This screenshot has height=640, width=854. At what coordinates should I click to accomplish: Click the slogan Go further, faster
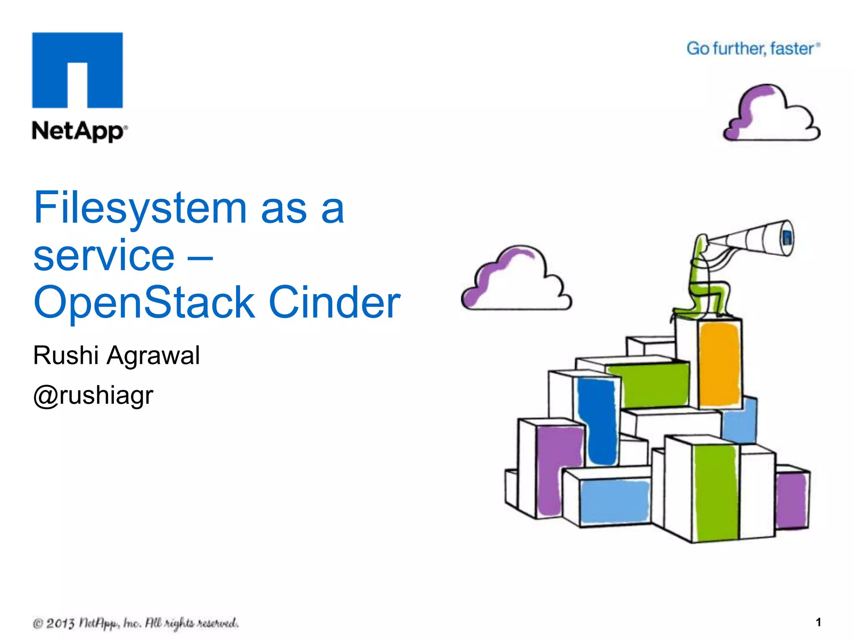pyautogui.click(x=753, y=49)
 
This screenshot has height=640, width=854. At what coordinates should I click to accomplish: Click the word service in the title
pyautogui.click(x=104, y=255)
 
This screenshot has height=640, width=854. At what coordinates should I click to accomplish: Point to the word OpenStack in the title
pyautogui.click(x=144, y=302)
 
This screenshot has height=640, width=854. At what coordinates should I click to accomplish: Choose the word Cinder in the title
pyautogui.click(x=334, y=302)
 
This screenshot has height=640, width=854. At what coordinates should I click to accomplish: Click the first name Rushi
pyautogui.click(x=66, y=355)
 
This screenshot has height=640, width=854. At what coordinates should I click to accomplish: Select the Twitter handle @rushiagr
pyautogui.click(x=93, y=395)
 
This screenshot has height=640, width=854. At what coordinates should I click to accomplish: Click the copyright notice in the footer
pyautogui.click(x=136, y=623)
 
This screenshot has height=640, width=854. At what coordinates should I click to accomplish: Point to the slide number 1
pyautogui.click(x=819, y=622)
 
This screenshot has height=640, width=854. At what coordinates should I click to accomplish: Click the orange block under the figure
pyautogui.click(x=719, y=365)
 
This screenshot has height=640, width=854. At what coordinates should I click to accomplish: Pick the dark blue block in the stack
pyautogui.click(x=597, y=421)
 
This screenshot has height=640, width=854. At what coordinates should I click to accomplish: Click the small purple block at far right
pyautogui.click(x=791, y=500)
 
